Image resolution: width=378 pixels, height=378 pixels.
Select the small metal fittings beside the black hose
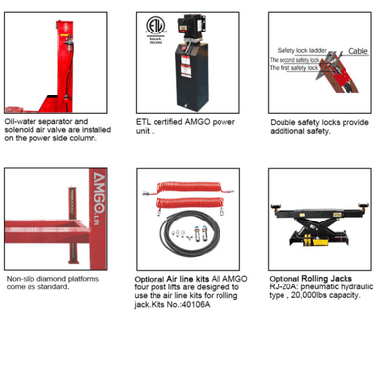click(x=157, y=237)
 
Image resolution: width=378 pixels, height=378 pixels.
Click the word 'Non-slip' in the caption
click(x=23, y=279)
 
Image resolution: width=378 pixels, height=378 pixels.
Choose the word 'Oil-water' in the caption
click(x=23, y=121)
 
